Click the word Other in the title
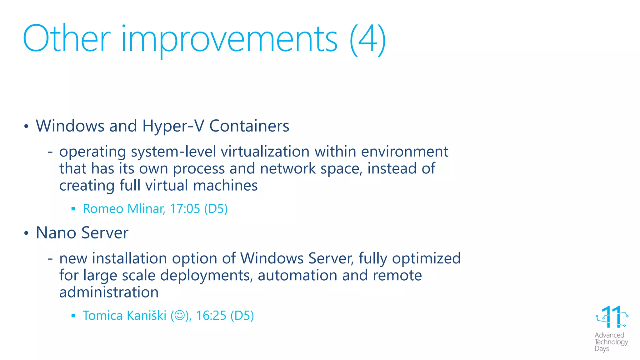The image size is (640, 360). [x=67, y=39]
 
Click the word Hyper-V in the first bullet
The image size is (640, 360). [x=173, y=126]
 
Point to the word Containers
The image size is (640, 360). [x=249, y=126]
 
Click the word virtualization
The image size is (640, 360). [x=265, y=152]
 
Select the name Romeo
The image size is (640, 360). [x=103, y=209]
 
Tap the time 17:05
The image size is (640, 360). [x=185, y=209]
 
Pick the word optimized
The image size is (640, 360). [x=426, y=259]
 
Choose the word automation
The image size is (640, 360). [x=297, y=275]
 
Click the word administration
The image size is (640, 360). [x=109, y=292]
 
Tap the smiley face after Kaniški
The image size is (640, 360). [x=180, y=315]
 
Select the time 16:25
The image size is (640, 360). [x=211, y=316]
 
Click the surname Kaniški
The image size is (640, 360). [x=146, y=315]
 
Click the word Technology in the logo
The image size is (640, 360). [x=611, y=342]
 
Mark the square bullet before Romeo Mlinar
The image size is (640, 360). [x=73, y=209]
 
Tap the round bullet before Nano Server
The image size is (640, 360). [x=27, y=233]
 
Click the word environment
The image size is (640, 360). [x=404, y=152]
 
